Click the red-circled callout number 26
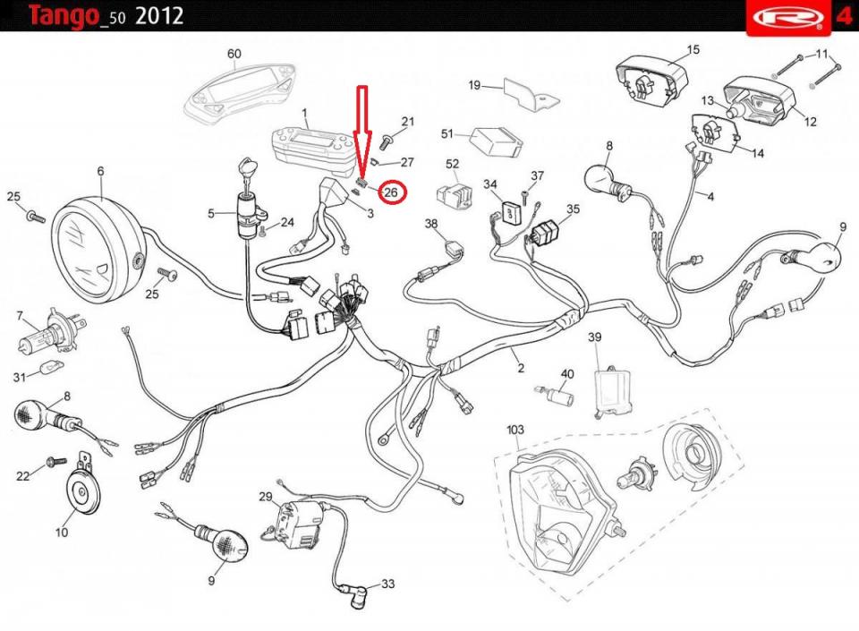click(391, 192)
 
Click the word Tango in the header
click(64, 16)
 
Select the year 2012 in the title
click(159, 15)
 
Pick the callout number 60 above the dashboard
click(234, 54)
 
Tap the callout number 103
click(515, 430)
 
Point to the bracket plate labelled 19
click(531, 94)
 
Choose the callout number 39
click(594, 337)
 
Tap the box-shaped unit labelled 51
click(497, 141)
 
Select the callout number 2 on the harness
click(521, 368)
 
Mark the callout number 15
click(693, 49)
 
